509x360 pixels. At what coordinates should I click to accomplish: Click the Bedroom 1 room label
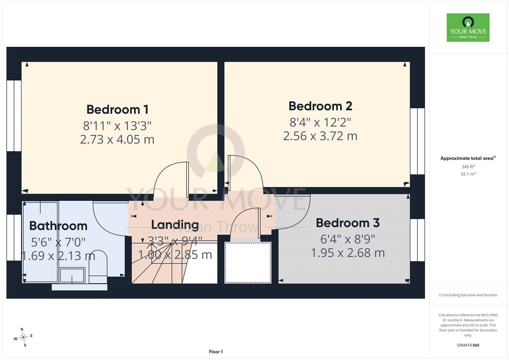117,109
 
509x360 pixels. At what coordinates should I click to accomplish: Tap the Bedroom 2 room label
320,106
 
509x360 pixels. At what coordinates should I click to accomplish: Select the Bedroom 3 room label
348,223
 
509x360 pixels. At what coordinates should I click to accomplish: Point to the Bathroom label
59,226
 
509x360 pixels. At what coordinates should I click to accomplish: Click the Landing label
175,225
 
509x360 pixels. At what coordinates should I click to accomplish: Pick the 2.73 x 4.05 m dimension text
117,139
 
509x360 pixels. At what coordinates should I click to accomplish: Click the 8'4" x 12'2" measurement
320,122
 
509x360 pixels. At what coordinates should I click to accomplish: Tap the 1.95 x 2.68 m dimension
348,253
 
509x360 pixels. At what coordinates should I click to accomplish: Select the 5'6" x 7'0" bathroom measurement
58,242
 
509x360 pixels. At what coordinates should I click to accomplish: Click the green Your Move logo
468,27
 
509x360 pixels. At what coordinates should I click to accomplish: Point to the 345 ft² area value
468,167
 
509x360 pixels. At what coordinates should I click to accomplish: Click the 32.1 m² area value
468,174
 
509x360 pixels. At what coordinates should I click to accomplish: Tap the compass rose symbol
23,337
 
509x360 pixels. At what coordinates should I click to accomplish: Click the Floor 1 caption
216,352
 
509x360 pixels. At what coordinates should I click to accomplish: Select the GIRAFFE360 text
468,345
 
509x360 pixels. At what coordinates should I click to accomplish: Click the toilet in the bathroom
98,267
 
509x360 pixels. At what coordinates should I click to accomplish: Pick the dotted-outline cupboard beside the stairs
248,263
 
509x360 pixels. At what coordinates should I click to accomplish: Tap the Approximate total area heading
468,158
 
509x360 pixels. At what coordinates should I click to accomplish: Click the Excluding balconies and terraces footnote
468,295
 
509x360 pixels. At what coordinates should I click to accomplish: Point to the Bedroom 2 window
417,141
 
